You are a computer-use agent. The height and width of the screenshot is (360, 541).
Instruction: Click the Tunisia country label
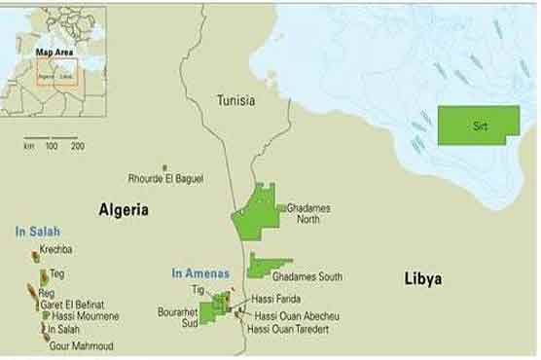pos(236,100)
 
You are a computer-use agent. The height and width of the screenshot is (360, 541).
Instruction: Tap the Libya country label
pos(422,279)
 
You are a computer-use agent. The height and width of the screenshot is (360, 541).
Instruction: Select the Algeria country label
pos(124,209)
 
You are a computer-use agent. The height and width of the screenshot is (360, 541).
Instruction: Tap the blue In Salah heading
pos(37,232)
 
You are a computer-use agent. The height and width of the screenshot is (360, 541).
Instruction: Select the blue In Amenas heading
pos(199,273)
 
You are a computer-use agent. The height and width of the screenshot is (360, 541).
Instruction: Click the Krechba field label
pos(63,250)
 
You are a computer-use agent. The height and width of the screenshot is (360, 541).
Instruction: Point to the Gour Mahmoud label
pos(83,346)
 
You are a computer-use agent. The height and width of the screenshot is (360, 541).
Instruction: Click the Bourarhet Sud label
pos(177,318)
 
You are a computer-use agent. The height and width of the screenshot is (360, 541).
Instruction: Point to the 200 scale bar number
pos(77,146)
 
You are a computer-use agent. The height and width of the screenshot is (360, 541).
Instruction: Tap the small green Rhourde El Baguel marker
pos(164,167)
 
